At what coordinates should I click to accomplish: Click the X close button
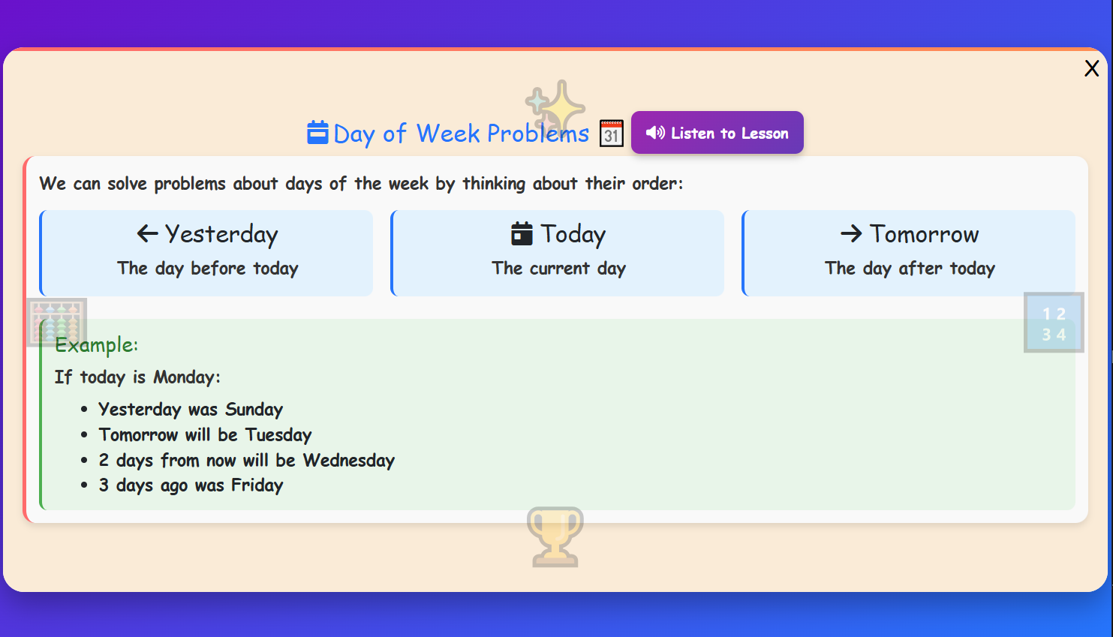click(x=1091, y=68)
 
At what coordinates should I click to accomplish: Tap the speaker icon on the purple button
click(x=655, y=133)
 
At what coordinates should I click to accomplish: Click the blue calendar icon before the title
click(x=317, y=133)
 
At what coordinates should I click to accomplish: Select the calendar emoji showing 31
click(x=612, y=134)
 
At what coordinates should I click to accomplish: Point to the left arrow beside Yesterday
click(x=147, y=234)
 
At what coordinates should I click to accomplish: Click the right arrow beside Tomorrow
click(x=851, y=234)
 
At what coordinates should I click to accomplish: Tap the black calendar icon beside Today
click(x=522, y=234)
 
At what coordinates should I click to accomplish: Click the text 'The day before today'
click(x=207, y=269)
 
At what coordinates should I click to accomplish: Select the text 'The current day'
click(x=558, y=269)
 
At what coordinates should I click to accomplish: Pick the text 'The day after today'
click(x=910, y=269)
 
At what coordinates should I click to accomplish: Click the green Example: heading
click(x=96, y=345)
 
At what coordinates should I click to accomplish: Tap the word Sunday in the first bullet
click(x=254, y=410)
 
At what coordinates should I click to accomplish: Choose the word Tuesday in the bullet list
click(x=278, y=435)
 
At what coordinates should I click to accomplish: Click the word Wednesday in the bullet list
click(x=349, y=461)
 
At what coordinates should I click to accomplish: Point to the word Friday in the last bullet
click(x=257, y=485)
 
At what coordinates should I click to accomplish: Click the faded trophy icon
click(x=555, y=536)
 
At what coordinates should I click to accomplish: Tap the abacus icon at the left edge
click(x=57, y=323)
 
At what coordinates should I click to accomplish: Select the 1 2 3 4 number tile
click(x=1053, y=323)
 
